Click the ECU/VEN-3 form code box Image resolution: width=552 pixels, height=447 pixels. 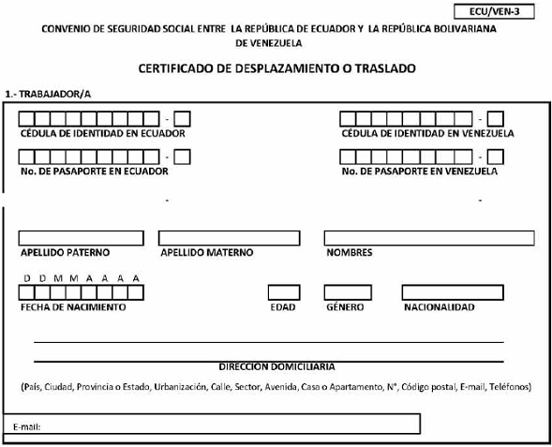pos(494,11)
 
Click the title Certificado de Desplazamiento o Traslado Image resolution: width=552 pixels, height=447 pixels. pos(276,68)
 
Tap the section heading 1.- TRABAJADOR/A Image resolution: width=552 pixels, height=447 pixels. pos(48,95)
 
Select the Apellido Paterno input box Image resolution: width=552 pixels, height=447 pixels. pos(81,238)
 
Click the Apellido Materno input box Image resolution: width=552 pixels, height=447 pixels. pos(230,238)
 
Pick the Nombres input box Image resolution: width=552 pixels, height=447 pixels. pos(429,238)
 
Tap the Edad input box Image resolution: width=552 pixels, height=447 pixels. pos(284,292)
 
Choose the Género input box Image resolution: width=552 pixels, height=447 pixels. pos(348,292)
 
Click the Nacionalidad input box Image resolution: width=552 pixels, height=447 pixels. pos(453,292)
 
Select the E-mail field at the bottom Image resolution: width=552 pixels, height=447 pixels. pos(212,424)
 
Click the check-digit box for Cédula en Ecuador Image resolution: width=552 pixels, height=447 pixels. pos(183,119)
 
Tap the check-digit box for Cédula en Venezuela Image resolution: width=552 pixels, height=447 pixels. pos(496,119)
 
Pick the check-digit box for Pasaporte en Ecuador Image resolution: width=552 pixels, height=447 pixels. pos(183,157)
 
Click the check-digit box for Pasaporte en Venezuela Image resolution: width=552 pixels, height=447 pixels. pos(496,157)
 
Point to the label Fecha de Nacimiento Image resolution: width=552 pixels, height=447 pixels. pos(73,307)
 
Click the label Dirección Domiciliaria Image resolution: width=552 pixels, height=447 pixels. pos(276,366)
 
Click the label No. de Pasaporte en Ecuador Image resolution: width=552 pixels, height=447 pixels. pos(95,171)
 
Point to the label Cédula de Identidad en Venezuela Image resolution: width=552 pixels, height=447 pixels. pos(427,133)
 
